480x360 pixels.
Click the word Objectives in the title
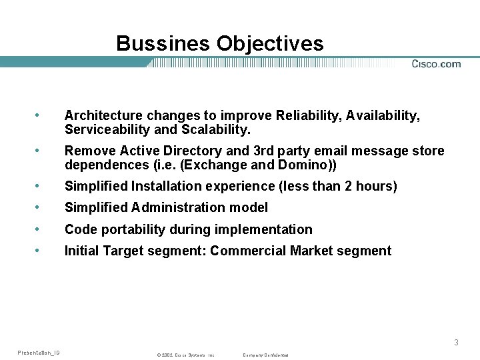[x=269, y=45]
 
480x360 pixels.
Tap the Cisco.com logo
[x=436, y=64]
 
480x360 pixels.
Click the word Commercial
[x=254, y=251]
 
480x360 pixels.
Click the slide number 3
[x=456, y=343]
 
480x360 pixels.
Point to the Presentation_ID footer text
[x=38, y=353]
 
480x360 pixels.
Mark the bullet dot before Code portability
[x=43, y=229]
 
